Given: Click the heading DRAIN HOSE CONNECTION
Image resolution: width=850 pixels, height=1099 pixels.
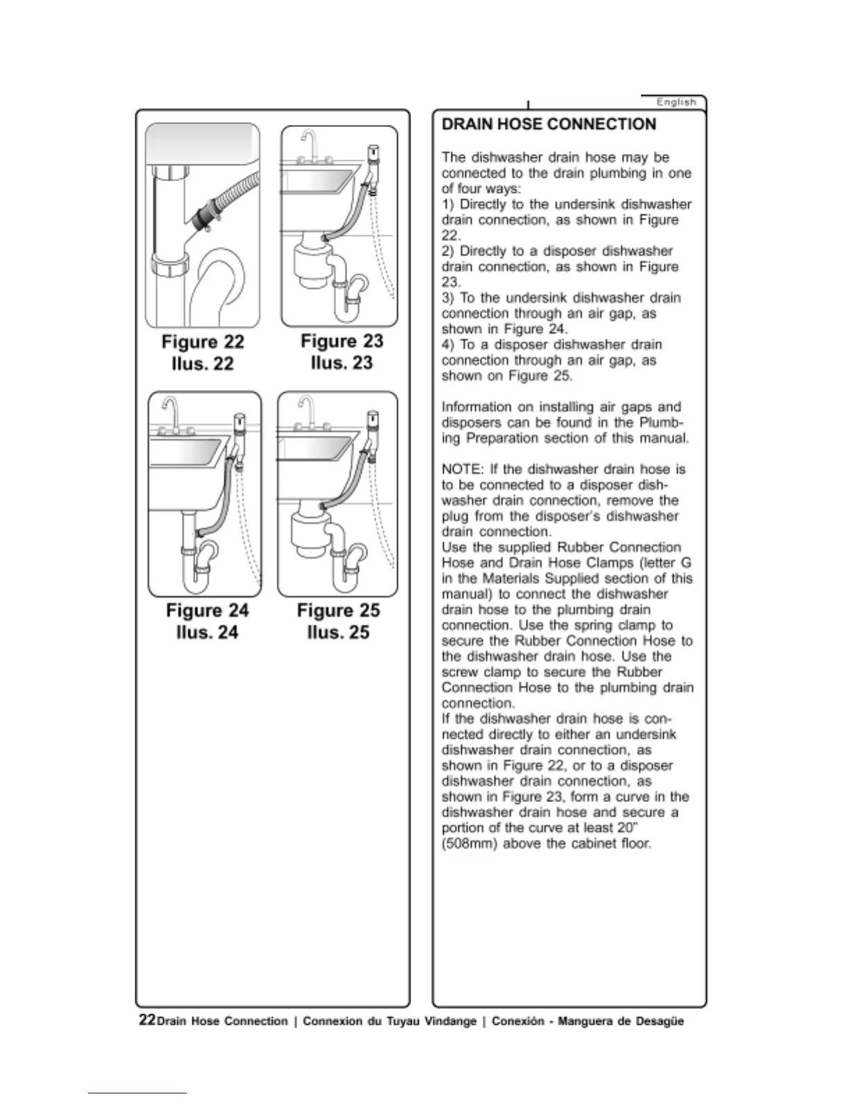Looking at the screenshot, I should pos(549,124).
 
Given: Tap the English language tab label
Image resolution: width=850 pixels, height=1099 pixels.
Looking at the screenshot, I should pos(676,102).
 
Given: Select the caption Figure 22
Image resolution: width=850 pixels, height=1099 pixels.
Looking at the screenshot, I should pos(203,342).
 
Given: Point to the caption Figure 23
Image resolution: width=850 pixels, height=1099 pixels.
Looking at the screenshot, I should pos(342,341).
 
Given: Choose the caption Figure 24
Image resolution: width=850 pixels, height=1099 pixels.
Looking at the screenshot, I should pos(207,611).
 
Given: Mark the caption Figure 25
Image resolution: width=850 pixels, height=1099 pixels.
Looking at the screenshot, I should pos(338,611).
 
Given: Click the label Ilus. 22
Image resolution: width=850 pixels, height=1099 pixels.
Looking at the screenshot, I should pos(203,364).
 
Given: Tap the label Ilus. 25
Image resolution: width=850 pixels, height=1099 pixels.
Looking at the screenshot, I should pos(338,632).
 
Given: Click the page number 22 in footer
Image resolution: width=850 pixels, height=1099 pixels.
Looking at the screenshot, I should pos(147,1019).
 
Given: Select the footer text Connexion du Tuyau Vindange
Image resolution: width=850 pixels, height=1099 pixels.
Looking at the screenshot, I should pos(389,1021).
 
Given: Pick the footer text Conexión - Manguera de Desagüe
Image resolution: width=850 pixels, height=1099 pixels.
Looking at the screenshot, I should pos(587,1021).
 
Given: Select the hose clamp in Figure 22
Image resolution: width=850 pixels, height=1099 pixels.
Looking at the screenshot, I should pos(203,217).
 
